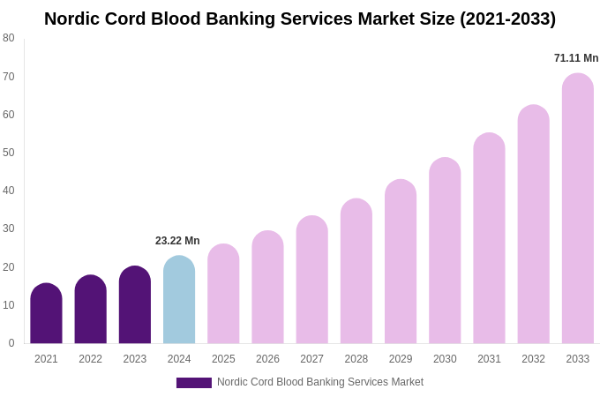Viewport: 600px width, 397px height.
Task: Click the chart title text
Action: (300, 19)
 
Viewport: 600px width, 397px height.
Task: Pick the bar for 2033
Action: (578, 209)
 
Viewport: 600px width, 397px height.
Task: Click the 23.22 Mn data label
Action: (177, 241)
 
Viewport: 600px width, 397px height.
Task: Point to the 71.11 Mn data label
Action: (576, 58)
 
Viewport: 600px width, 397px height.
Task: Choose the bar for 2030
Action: (445, 251)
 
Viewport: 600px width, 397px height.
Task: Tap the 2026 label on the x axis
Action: (267, 359)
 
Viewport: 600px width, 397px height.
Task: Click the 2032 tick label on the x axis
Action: (533, 359)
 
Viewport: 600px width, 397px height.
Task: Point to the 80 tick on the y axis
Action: (9, 38)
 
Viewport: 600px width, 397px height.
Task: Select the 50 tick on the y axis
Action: (9, 153)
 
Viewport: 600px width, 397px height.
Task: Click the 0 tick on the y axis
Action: (11, 343)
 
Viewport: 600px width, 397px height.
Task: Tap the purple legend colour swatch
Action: (194, 383)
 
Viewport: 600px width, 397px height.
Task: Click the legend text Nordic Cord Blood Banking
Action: (320, 382)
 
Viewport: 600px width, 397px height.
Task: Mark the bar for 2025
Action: (223, 295)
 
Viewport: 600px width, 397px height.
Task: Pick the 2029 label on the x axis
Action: (401, 359)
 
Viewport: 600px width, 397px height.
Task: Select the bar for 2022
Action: (91, 310)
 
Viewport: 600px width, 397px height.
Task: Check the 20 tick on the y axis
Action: (9, 267)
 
